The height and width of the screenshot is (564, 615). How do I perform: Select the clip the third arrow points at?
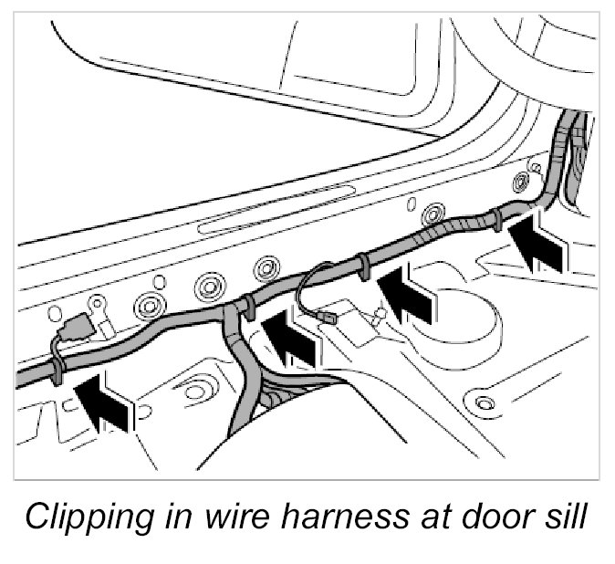[362, 265]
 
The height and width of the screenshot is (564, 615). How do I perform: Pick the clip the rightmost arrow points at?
[494, 219]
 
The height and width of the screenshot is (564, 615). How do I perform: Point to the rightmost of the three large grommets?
[266, 267]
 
